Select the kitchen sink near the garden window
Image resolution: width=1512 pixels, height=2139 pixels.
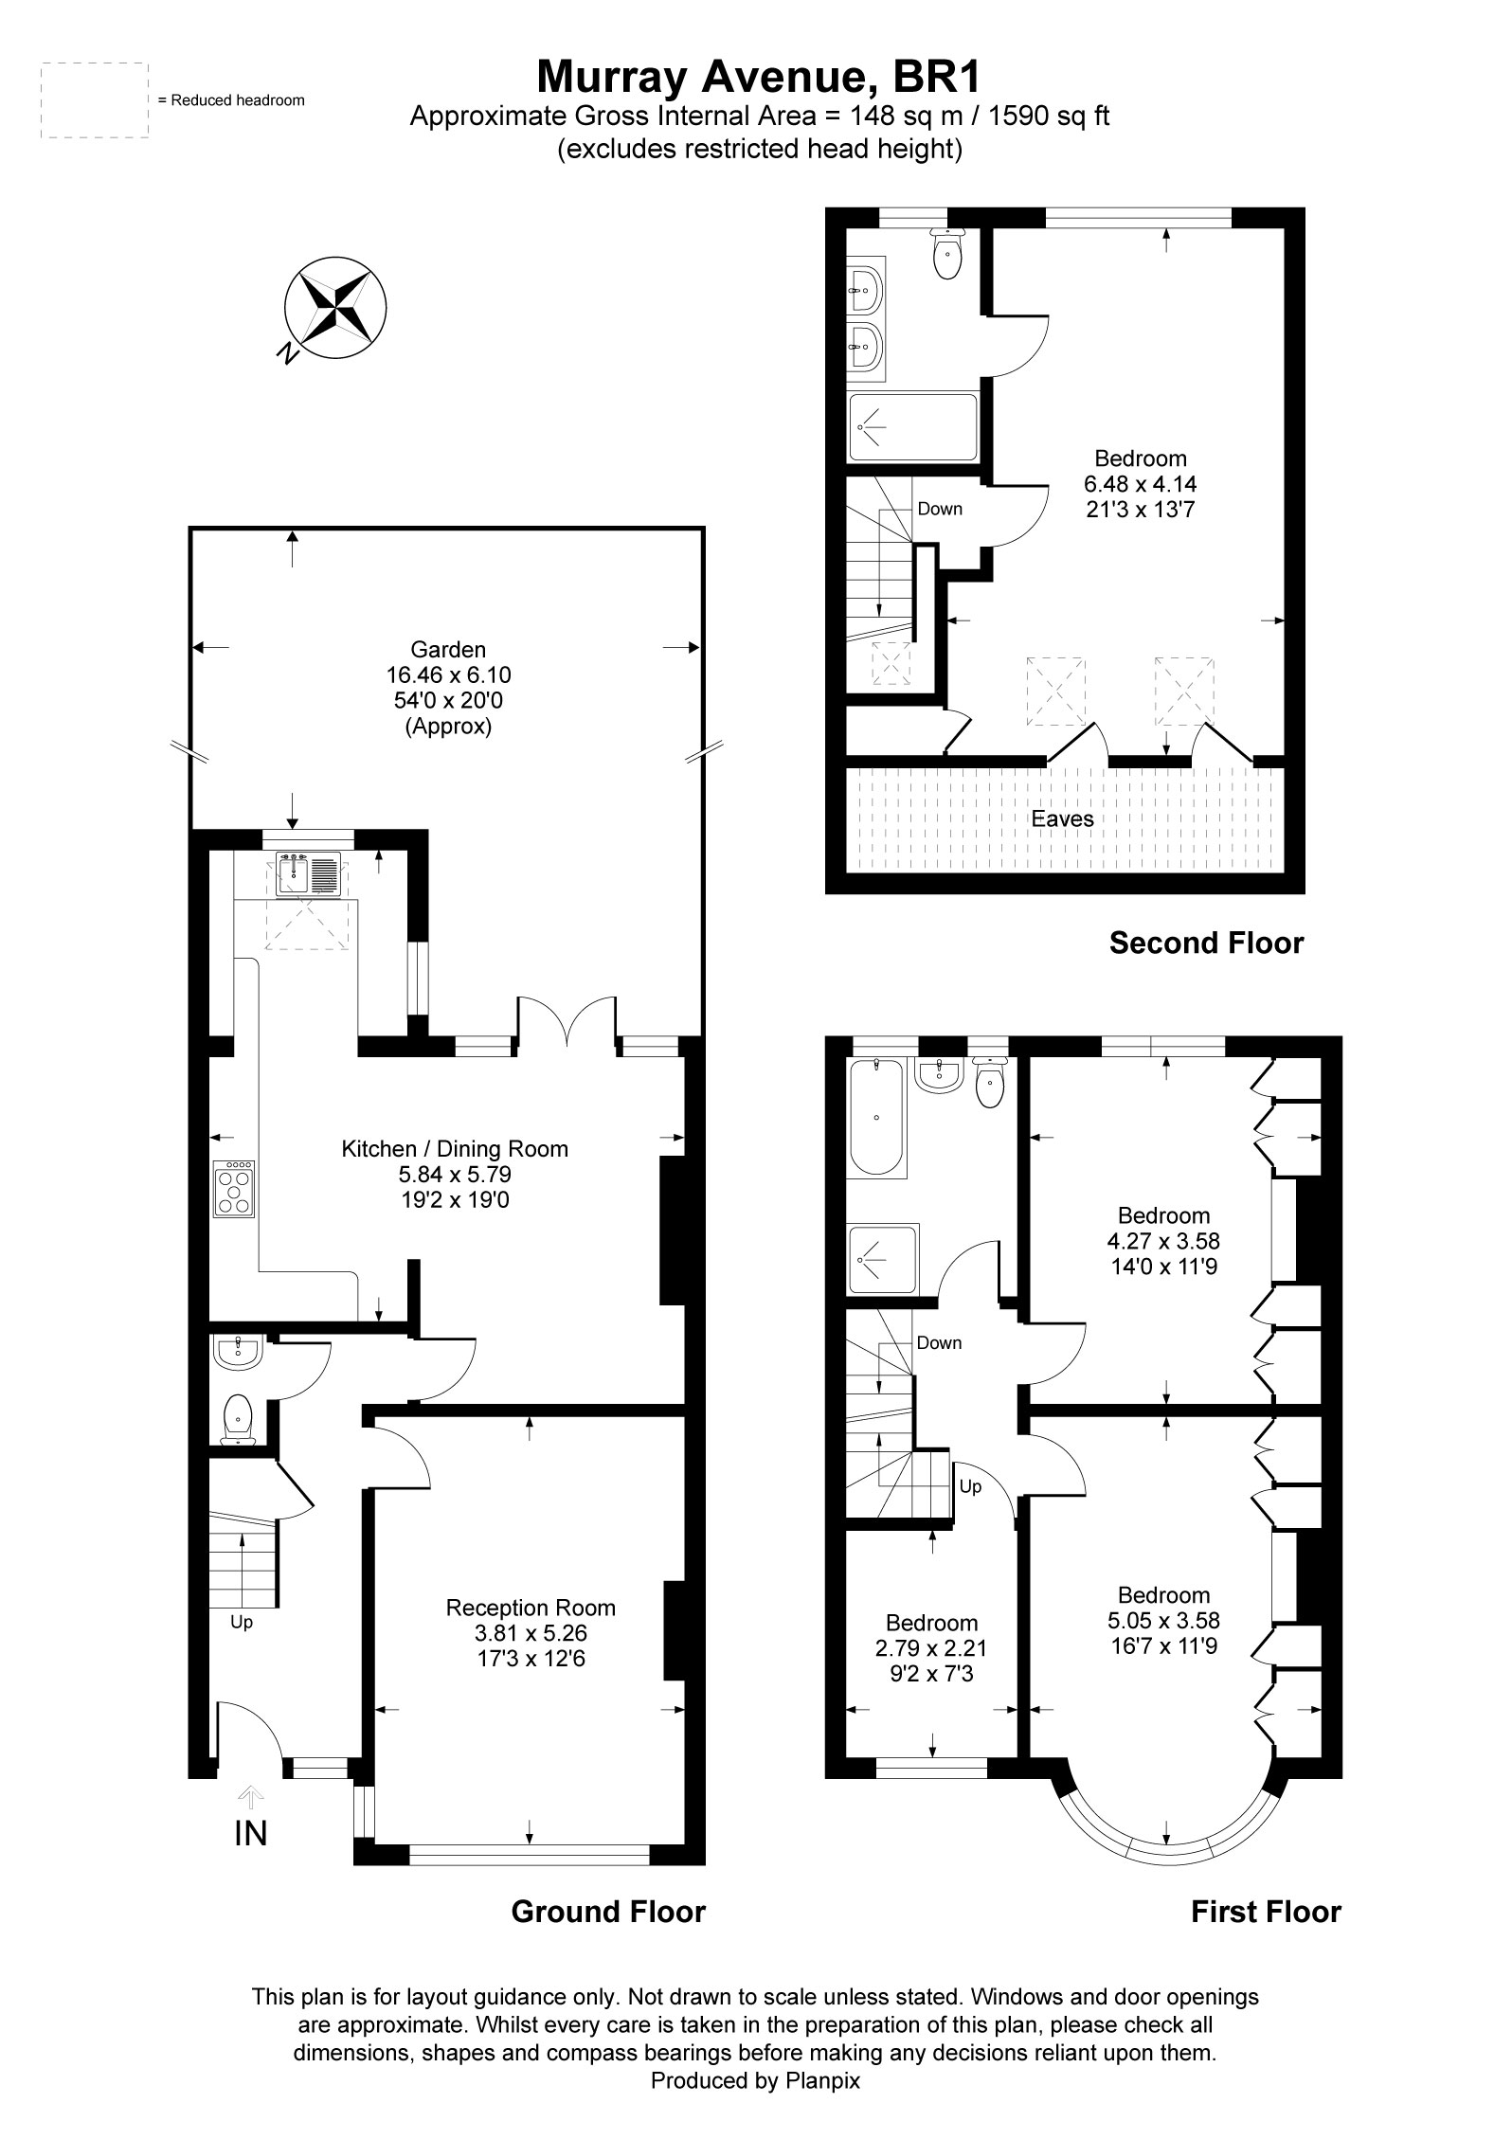[x=308, y=874]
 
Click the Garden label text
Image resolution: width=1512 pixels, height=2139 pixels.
[x=448, y=650]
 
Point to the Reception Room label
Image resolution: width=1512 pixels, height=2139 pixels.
[x=531, y=1608]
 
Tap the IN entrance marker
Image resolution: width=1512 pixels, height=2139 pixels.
[x=250, y=1833]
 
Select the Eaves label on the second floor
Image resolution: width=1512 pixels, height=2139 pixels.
[x=1062, y=818]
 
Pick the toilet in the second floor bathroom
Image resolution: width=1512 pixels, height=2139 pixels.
[x=946, y=254]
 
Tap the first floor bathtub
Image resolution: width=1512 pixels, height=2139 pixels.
[x=877, y=1119]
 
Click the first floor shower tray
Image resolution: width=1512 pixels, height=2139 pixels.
[x=883, y=1259]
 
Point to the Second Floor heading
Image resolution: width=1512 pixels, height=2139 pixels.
[x=1206, y=943]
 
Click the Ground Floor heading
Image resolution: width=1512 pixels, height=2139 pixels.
[x=608, y=1912]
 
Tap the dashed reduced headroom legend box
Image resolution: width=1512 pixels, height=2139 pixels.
[x=95, y=100]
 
